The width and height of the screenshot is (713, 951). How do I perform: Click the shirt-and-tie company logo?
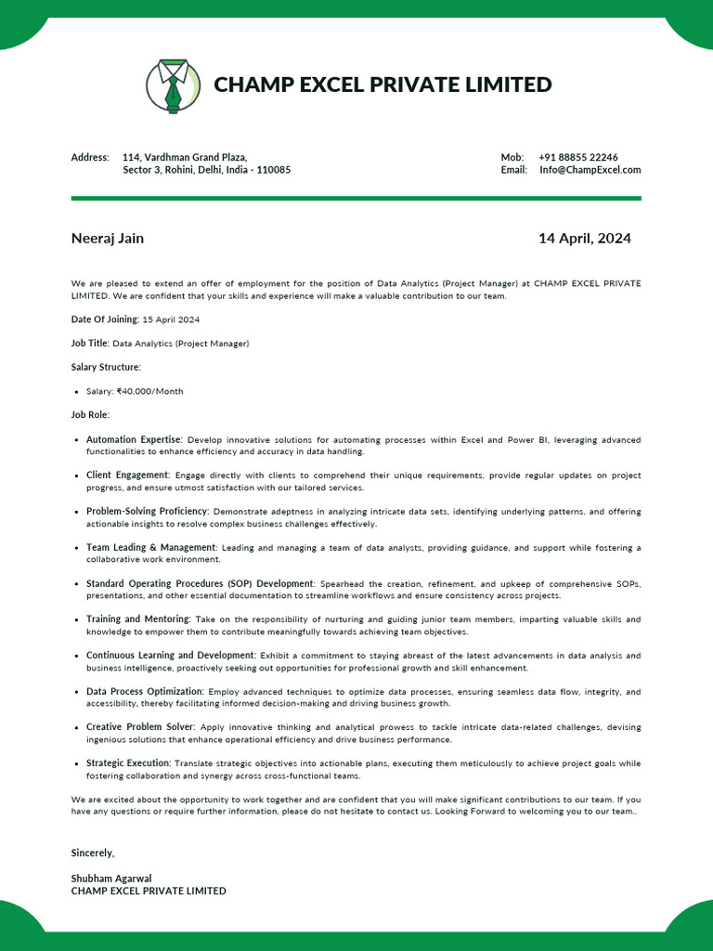click(173, 85)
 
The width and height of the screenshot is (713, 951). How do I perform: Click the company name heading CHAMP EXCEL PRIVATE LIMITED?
click(382, 85)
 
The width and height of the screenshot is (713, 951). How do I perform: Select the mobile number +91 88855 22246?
click(578, 157)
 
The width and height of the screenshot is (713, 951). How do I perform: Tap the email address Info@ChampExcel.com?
click(590, 170)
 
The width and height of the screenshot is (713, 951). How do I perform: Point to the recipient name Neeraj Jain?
click(108, 239)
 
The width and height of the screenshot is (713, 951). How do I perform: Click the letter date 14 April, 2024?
click(584, 239)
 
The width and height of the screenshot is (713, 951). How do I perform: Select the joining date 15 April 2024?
click(171, 319)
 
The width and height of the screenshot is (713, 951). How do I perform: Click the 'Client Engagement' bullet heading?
click(128, 475)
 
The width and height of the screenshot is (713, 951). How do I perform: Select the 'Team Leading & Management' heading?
click(150, 548)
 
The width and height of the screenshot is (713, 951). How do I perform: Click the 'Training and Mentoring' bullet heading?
click(137, 619)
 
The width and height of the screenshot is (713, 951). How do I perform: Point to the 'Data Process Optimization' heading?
click(144, 692)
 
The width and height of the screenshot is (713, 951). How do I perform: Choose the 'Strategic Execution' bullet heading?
click(128, 763)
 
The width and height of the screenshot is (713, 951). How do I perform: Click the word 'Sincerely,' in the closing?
click(93, 853)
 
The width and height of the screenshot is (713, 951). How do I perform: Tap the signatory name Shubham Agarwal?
click(111, 879)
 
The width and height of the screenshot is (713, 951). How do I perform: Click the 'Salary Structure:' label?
click(106, 368)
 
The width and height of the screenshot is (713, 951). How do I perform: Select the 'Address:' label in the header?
click(90, 158)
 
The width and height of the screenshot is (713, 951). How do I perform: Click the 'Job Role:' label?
click(90, 415)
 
